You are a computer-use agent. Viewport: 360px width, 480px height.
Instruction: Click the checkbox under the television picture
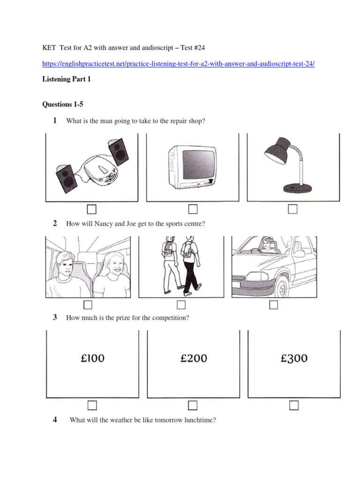(193, 209)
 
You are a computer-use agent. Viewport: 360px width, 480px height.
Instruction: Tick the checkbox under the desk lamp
(293, 209)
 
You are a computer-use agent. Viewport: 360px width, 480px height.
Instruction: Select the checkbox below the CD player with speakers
(92, 209)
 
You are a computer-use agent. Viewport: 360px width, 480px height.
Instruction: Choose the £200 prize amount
(194, 359)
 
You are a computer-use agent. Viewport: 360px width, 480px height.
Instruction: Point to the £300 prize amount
(294, 359)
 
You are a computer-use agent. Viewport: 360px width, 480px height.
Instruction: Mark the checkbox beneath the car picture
(274, 305)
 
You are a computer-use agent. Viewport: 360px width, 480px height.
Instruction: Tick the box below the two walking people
(181, 305)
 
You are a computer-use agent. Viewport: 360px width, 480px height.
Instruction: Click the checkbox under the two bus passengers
(88, 305)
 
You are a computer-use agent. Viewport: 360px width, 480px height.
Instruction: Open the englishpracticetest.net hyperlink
(178, 64)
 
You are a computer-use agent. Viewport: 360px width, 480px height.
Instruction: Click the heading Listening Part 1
(66, 79)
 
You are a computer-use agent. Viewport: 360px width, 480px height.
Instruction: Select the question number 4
(55, 420)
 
